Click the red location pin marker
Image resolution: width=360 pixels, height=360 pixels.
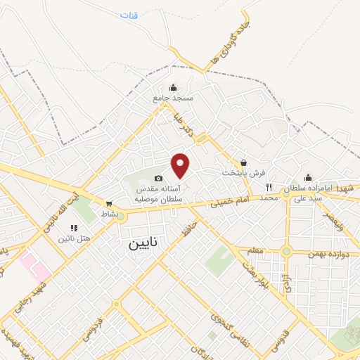(181, 165)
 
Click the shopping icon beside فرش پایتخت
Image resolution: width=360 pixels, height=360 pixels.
(244, 162)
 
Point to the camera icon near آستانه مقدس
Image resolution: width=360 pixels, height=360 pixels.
(158, 178)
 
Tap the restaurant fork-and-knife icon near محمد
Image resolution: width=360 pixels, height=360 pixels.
(269, 188)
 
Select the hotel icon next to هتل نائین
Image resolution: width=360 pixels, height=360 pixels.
(75, 228)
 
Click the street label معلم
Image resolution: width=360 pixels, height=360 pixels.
(257, 250)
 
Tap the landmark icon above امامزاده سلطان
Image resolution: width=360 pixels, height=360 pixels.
(308, 177)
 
